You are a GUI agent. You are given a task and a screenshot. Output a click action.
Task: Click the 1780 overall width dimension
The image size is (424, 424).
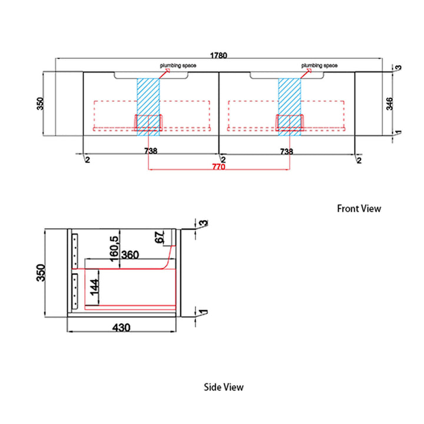click(218, 55)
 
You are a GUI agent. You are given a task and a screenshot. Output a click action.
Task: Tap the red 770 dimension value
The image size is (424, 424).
click(218, 167)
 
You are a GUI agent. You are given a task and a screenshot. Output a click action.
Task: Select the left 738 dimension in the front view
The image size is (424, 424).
click(151, 151)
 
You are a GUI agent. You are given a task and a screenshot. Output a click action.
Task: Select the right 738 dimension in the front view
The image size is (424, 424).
click(286, 151)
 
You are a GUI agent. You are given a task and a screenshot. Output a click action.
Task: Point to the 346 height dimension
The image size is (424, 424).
click(389, 104)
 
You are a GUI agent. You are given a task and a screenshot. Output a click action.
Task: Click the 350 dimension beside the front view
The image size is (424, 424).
click(40, 104)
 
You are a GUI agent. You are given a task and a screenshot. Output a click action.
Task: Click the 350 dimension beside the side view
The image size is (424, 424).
click(41, 273)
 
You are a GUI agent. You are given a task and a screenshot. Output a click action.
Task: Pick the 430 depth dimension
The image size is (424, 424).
click(121, 327)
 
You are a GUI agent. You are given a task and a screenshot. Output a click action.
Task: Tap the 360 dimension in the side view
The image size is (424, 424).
click(130, 255)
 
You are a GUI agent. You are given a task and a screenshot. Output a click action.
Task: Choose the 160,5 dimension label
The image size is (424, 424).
click(114, 249)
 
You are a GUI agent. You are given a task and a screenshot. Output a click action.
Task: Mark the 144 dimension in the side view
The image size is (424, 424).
click(94, 287)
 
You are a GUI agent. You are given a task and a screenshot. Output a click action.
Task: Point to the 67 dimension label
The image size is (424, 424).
click(160, 237)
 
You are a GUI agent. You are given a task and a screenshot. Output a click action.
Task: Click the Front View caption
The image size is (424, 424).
click(359, 208)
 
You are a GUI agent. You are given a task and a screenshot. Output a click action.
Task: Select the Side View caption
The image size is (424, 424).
click(224, 387)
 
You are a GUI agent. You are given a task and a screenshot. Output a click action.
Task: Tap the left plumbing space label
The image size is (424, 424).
click(178, 65)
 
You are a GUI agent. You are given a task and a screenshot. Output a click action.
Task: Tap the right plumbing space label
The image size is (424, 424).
click(319, 65)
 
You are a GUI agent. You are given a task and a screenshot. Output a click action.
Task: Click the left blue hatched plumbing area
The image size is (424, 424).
click(148, 107)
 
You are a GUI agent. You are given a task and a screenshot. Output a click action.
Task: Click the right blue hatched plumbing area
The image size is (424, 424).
click(290, 107)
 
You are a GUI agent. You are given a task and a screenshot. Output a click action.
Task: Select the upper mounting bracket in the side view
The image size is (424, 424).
click(75, 251)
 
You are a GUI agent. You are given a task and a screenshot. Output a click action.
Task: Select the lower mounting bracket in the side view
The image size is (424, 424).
click(75, 291)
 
